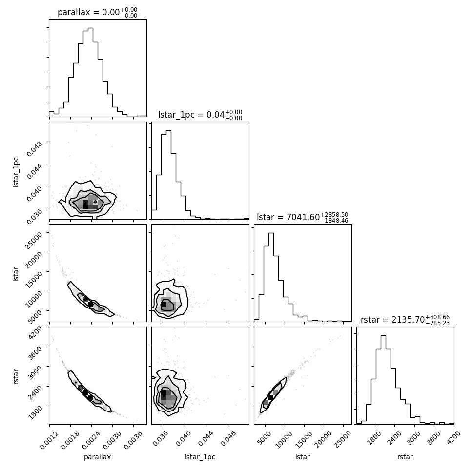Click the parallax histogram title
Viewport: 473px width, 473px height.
click(98, 12)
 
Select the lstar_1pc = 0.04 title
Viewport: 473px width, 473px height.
click(200, 115)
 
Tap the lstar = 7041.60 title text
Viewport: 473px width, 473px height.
click(302, 217)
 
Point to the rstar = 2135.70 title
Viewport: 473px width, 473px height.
click(405, 319)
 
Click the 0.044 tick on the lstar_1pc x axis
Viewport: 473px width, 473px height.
click(206, 438)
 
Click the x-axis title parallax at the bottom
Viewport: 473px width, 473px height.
click(98, 457)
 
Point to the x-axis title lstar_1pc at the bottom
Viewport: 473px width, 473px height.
click(200, 457)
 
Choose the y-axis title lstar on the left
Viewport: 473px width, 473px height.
click(16, 274)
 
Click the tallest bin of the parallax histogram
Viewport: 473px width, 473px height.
click(90, 72)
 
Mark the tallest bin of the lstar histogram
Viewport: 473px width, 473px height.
click(271, 277)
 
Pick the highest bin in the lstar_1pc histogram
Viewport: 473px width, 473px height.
click(168, 175)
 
